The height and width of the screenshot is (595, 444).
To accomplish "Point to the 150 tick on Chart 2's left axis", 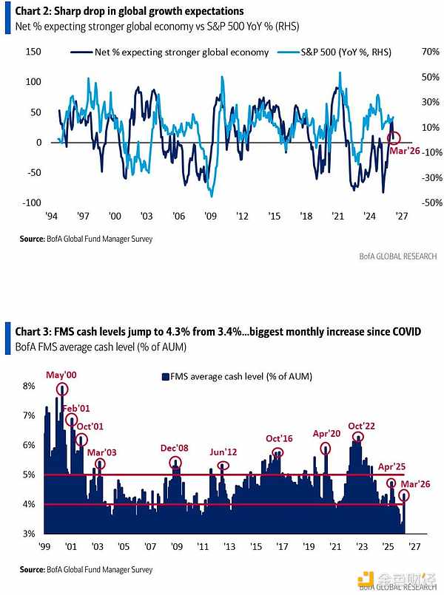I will point(33,52).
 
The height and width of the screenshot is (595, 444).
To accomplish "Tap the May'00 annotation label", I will point(61,375).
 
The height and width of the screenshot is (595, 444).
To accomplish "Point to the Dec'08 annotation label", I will point(175,449).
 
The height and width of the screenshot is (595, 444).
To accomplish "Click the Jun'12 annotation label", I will point(223,452).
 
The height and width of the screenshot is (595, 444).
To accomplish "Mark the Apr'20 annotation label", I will point(326,434).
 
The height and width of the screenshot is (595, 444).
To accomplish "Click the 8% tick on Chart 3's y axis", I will point(29,386).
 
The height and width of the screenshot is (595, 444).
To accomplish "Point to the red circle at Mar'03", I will point(100,464).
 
